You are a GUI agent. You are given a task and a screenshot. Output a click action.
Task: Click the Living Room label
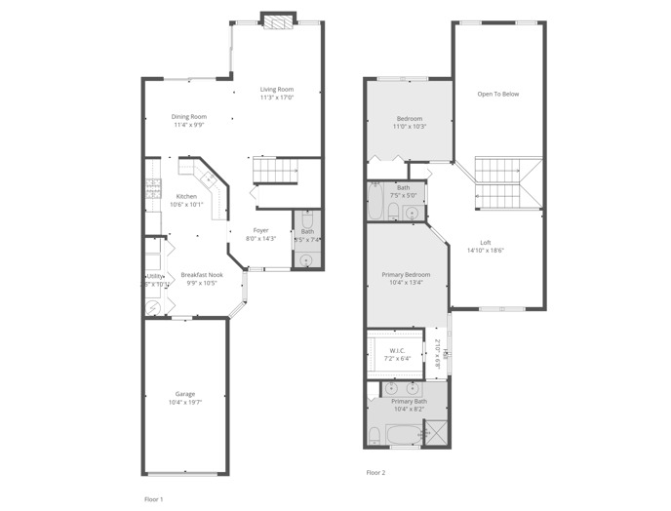coord(277,90)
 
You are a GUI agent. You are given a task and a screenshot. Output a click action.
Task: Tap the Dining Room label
coord(190,117)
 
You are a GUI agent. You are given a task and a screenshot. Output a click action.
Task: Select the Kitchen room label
coord(186,197)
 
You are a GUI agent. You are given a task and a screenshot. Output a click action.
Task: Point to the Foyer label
coord(260,231)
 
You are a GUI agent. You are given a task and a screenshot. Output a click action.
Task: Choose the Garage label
coord(185,394)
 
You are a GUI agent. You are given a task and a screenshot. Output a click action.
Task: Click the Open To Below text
coord(497,95)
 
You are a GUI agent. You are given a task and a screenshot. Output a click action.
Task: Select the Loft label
coord(485,243)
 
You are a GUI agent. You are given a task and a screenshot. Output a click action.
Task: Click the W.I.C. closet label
coord(397,351)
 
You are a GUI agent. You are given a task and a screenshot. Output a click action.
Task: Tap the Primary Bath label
coord(409,402)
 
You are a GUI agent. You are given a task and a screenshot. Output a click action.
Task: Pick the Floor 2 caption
coord(375,472)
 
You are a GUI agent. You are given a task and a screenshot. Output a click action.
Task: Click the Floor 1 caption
coord(153,497)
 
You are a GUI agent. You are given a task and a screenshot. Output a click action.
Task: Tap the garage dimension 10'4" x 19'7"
coord(185,402)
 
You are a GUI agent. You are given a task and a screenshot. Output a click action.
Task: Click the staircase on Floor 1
coord(275,172)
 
